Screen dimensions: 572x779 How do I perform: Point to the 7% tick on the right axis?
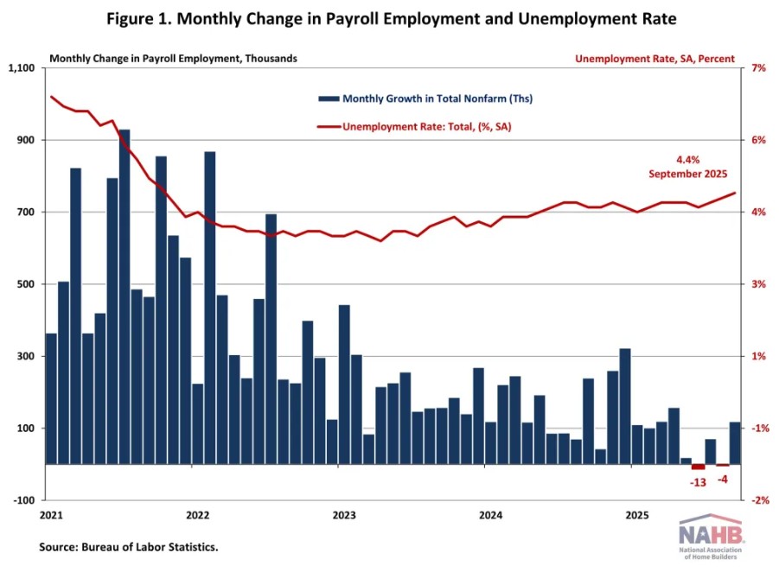tap(756, 68)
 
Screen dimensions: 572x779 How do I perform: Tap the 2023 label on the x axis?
tap(344, 516)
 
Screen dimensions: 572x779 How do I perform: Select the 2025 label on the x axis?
tap(637, 516)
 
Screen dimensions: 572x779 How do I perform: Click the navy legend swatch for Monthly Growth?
tap(329, 99)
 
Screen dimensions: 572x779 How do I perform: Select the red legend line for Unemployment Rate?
tap(329, 127)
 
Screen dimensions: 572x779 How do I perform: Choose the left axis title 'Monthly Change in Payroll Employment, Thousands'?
tap(173, 59)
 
